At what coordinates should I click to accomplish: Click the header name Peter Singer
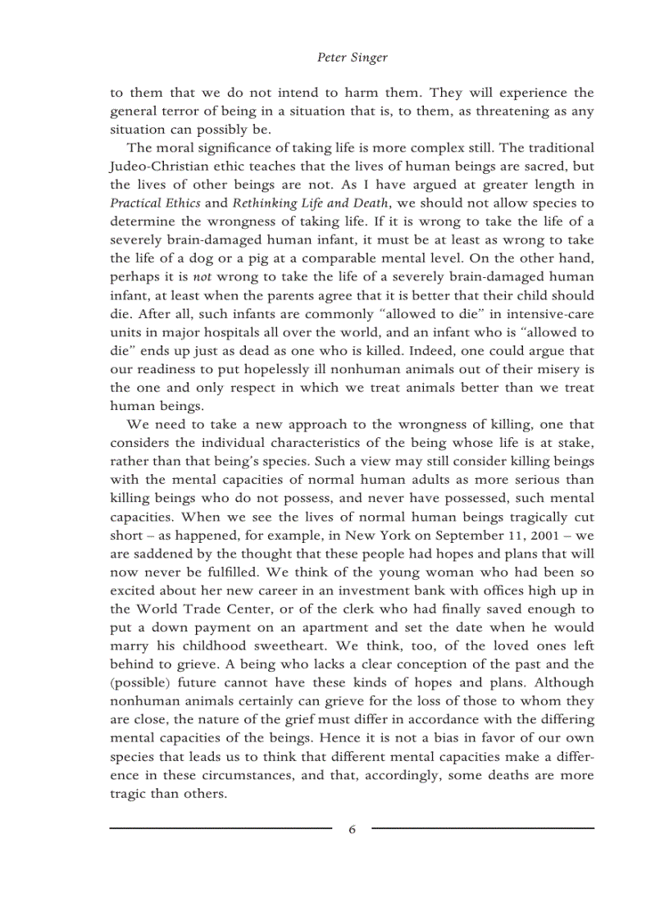click(x=352, y=58)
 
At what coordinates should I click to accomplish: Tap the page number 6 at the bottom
click(x=352, y=829)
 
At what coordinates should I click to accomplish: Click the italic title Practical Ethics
click(x=155, y=203)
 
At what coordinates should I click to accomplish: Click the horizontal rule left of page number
click(x=221, y=828)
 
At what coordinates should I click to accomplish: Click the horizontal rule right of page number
click(x=483, y=828)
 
